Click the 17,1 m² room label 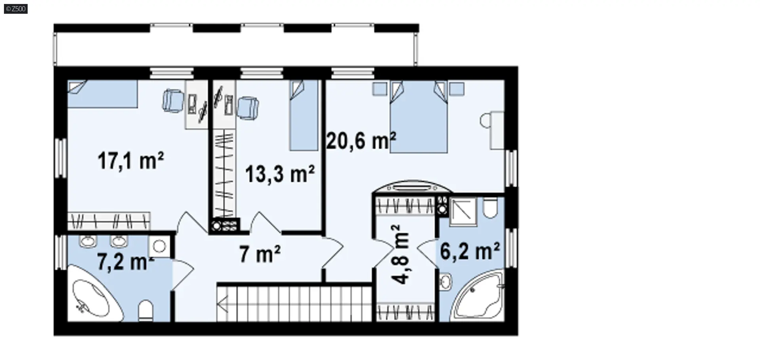[131, 161]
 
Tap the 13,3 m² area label [280, 174]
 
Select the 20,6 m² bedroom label [361, 141]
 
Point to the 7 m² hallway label [260, 254]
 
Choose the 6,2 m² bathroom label [470, 251]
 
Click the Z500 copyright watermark [16, 8]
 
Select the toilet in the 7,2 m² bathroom [146, 311]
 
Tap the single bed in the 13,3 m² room [304, 115]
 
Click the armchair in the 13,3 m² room [248, 108]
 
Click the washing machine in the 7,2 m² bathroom [159, 246]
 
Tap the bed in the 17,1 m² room [102, 94]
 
